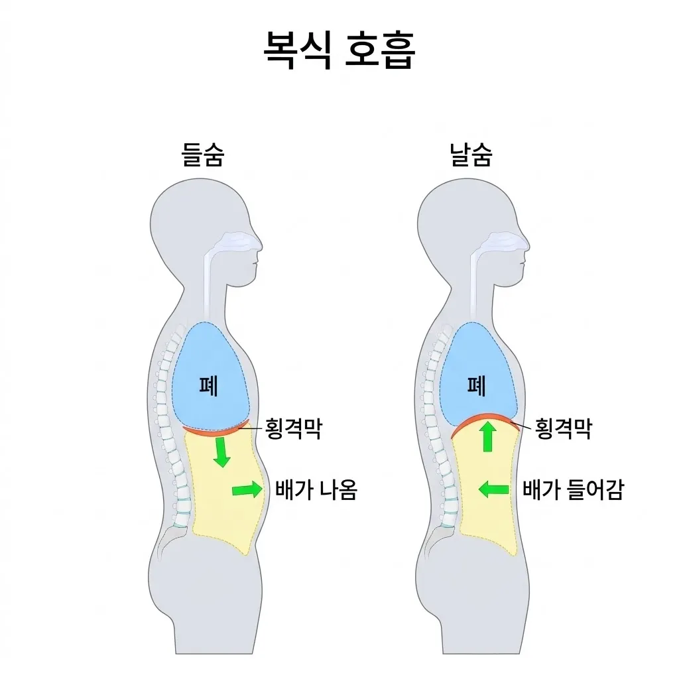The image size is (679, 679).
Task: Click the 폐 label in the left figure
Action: tap(208, 386)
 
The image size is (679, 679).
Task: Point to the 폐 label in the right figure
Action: tap(476, 386)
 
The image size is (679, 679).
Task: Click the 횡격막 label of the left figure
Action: tap(294, 429)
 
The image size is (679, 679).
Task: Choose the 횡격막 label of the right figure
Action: tap(564, 429)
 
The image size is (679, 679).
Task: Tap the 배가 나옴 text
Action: tap(316, 490)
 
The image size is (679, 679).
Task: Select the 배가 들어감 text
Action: tap(573, 490)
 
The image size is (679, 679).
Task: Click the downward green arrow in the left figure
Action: tap(221, 452)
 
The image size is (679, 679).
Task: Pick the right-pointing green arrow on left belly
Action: tap(247, 490)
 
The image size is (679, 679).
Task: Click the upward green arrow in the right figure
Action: tap(488, 436)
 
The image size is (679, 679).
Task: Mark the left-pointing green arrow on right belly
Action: tap(493, 490)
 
